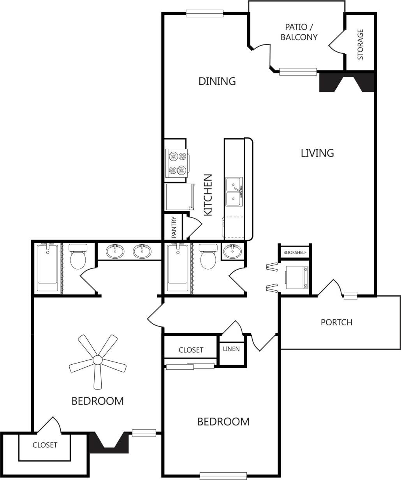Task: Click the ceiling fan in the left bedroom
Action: [98, 361]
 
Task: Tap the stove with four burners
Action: [177, 163]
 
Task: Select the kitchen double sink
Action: [234, 191]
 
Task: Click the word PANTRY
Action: [174, 227]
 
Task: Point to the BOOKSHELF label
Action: [295, 252]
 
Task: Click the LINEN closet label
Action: [231, 349]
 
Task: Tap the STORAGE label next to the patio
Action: [360, 44]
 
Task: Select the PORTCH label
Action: [336, 322]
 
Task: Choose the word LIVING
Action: [317, 153]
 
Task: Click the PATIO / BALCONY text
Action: [301, 32]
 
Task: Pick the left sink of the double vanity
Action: [115, 251]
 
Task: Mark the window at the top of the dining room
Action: [205, 14]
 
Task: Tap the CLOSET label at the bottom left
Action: [45, 445]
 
